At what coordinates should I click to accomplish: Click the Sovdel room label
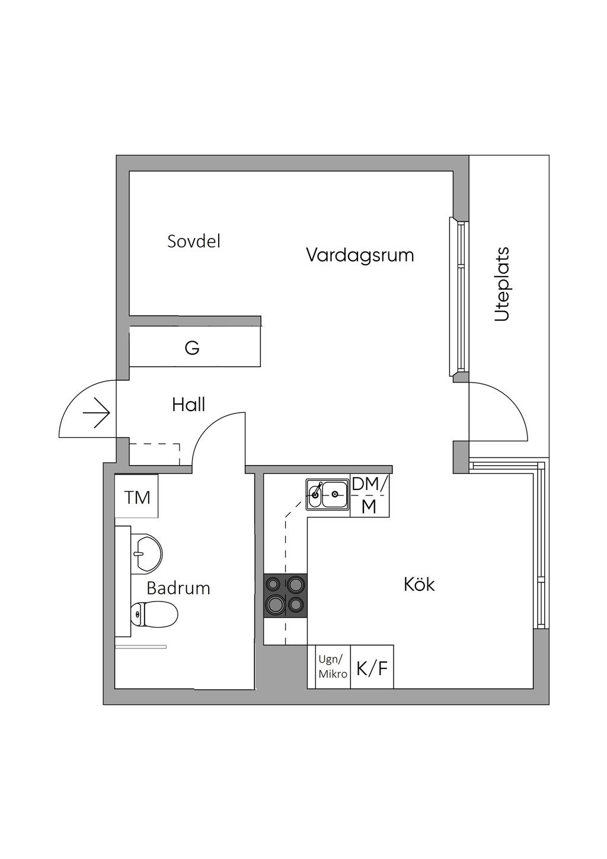pos(194,241)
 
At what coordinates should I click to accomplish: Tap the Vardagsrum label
pos(360,255)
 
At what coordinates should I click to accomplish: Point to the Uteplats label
pos(502,284)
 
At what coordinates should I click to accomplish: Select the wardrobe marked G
pos(192,348)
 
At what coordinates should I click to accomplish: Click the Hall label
pos(189,405)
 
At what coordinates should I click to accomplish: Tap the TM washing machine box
pos(137,497)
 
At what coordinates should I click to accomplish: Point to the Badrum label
pos(178,588)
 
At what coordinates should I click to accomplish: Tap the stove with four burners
pos(286,596)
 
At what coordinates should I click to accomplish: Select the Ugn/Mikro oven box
pos(332,666)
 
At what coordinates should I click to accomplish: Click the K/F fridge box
pos(372,669)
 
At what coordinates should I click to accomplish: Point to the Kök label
pos(419,585)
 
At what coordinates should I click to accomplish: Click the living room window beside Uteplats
pos(459,297)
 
